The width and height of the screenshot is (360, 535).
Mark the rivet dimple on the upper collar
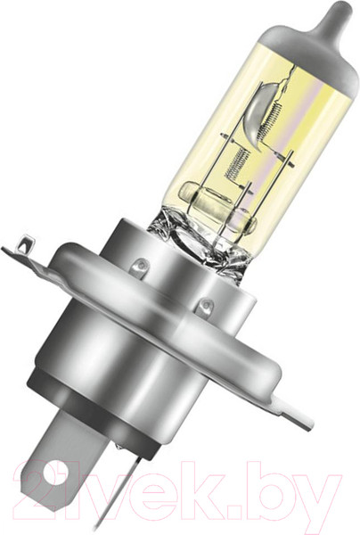point(141,265)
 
